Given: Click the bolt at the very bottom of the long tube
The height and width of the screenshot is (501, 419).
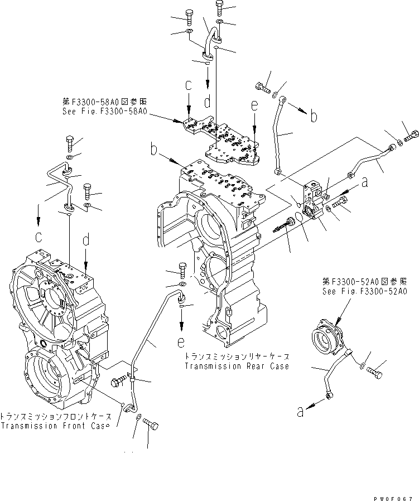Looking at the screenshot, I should tap(150, 426).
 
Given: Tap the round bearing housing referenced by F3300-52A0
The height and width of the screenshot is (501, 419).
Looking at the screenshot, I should tap(327, 338).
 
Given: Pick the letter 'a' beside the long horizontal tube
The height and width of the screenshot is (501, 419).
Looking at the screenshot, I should tap(364, 181).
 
